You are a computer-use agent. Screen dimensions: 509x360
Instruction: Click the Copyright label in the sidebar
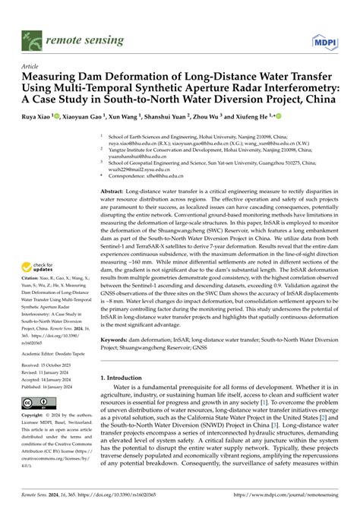tap(36, 416)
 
